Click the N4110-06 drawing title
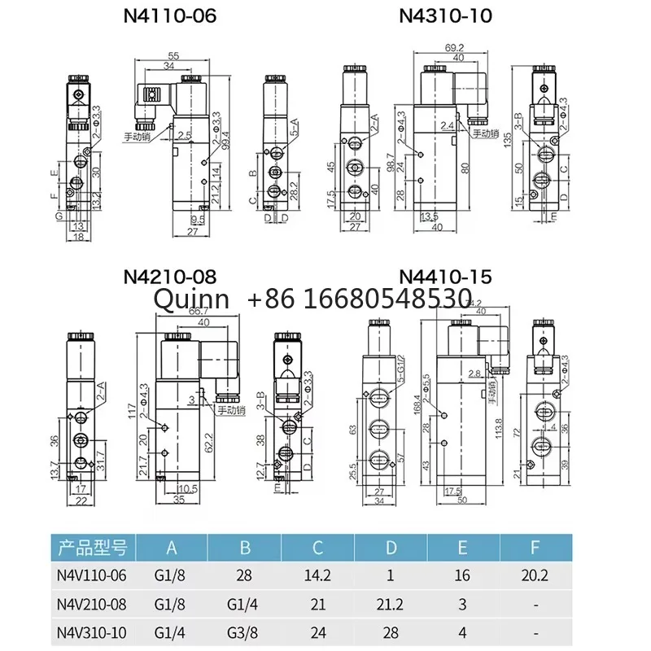coord(169,15)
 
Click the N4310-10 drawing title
coord(444,15)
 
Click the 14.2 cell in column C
coord(317,575)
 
